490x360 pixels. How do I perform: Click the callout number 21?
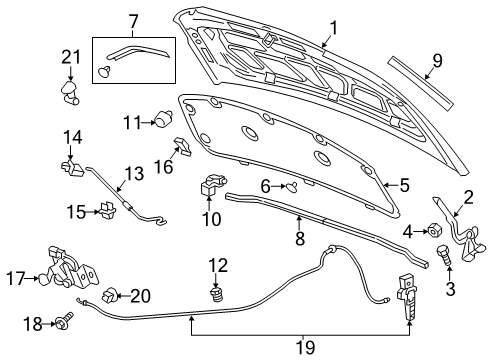69,58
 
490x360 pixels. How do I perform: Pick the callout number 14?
72,137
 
